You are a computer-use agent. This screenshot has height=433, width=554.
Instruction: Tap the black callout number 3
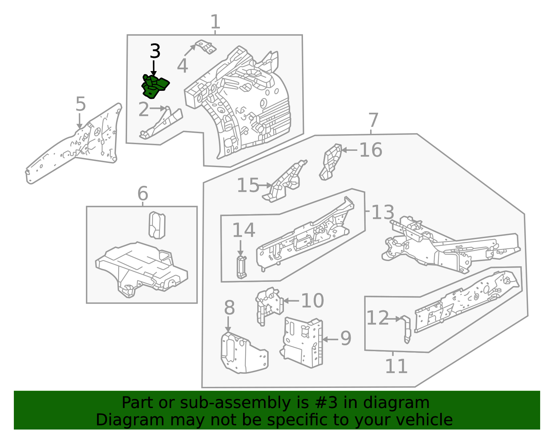click(x=155, y=51)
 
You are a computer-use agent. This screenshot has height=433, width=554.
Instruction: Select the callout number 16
click(x=371, y=150)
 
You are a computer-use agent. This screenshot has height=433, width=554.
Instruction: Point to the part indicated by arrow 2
click(x=161, y=124)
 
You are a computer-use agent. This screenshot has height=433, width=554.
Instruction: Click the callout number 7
click(x=373, y=120)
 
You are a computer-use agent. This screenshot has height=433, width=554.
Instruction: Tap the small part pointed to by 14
click(x=241, y=267)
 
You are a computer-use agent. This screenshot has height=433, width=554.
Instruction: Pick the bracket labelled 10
click(x=269, y=306)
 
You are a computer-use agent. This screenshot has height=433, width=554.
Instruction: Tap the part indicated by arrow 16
click(x=330, y=162)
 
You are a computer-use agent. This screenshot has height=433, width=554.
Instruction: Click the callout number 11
click(x=396, y=366)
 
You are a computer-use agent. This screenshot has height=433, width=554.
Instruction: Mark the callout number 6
click(x=143, y=193)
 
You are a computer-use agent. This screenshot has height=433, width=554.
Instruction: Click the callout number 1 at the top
click(x=215, y=22)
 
